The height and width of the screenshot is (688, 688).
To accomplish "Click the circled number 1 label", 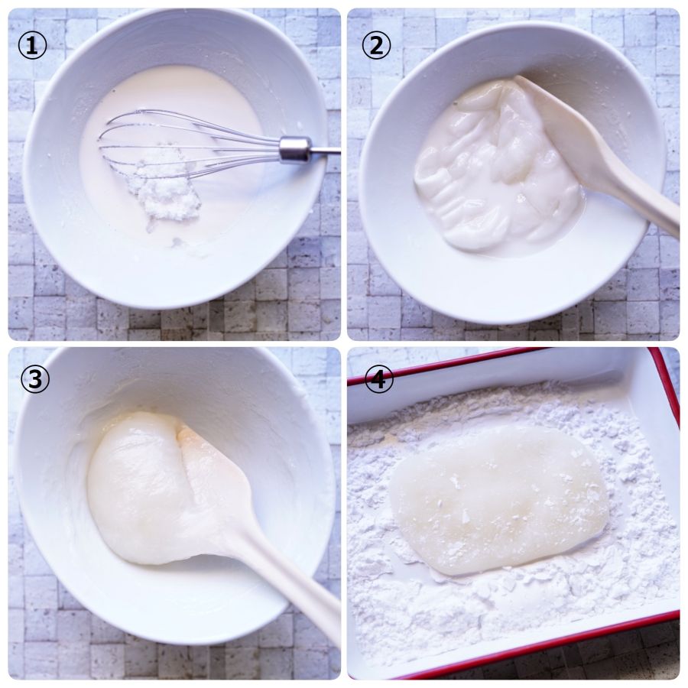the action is click(x=32, y=46).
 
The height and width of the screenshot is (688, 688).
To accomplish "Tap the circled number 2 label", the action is click(x=376, y=46).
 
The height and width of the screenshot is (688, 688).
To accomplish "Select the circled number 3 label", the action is click(x=34, y=379).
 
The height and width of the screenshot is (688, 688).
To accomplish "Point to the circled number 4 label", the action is click(x=378, y=378).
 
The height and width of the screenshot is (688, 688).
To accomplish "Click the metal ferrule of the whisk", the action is click(x=296, y=149).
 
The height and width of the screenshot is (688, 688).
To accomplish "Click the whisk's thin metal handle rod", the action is click(x=326, y=152).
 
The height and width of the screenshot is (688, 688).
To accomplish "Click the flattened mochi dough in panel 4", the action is click(x=499, y=500).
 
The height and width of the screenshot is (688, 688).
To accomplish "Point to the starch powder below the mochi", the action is click(x=505, y=615).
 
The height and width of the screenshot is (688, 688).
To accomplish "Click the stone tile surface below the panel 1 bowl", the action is click(x=176, y=323).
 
